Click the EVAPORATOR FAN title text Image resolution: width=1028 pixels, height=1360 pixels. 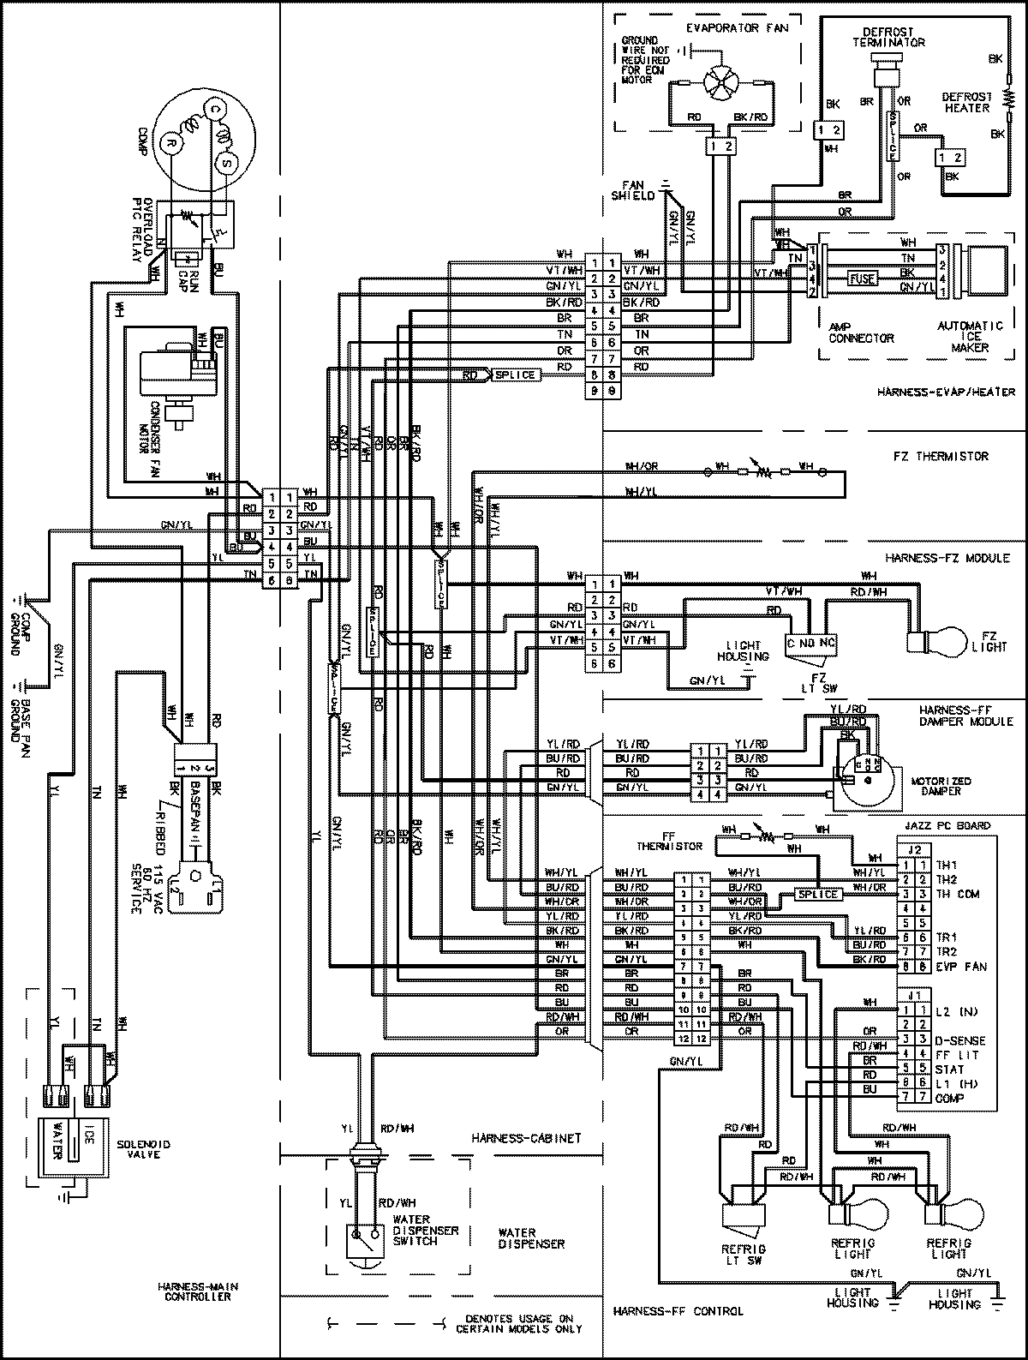pos(723,28)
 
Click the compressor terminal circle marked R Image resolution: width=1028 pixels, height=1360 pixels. pos(170,142)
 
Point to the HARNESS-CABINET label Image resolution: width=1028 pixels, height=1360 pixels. pos(526,1139)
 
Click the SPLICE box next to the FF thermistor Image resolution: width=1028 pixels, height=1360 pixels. pos(817,894)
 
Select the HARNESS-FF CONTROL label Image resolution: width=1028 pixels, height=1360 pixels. pos(678,1310)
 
